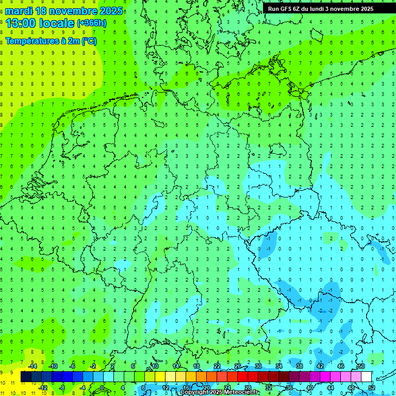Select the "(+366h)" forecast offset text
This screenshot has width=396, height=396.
tap(92, 23)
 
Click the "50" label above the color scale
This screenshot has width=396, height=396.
tap(361, 366)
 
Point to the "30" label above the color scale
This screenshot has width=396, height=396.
tap(258, 366)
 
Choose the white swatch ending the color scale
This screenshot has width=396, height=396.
tap(366, 377)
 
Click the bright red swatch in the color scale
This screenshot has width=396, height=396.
tap(242, 377)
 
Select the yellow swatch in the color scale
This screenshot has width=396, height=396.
tap(160, 377)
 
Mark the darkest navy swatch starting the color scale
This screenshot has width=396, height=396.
tap(26, 377)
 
